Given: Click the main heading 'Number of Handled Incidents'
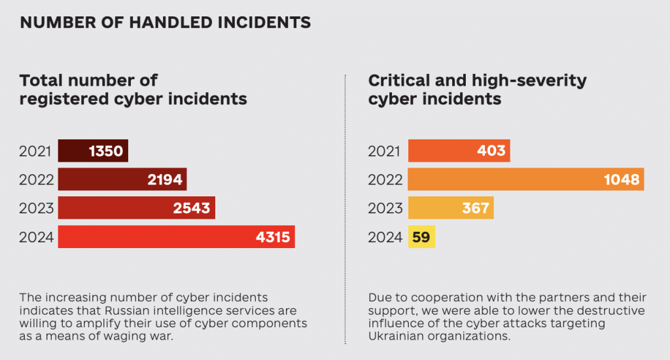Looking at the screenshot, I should (x=165, y=23).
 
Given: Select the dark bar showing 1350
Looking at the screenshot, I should (x=93, y=151).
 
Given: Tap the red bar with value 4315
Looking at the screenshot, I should (x=176, y=237).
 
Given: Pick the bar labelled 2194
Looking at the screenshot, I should (x=122, y=179).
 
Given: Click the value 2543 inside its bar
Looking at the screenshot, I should (x=191, y=208).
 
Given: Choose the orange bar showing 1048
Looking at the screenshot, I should (x=525, y=179).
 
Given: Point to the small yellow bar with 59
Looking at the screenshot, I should (x=421, y=237).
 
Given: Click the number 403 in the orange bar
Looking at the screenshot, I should (x=491, y=151).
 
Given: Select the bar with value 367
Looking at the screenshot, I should (x=450, y=208).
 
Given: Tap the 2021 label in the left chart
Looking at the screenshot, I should (x=36, y=151).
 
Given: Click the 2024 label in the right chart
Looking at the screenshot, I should (x=385, y=237).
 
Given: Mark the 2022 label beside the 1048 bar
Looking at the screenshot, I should (x=385, y=179).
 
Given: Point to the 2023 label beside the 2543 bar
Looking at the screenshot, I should (x=36, y=208).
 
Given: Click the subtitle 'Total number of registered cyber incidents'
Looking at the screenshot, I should (x=133, y=90).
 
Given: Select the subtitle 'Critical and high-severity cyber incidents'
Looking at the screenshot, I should (x=477, y=90).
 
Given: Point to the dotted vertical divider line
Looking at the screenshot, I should (x=345, y=209).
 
